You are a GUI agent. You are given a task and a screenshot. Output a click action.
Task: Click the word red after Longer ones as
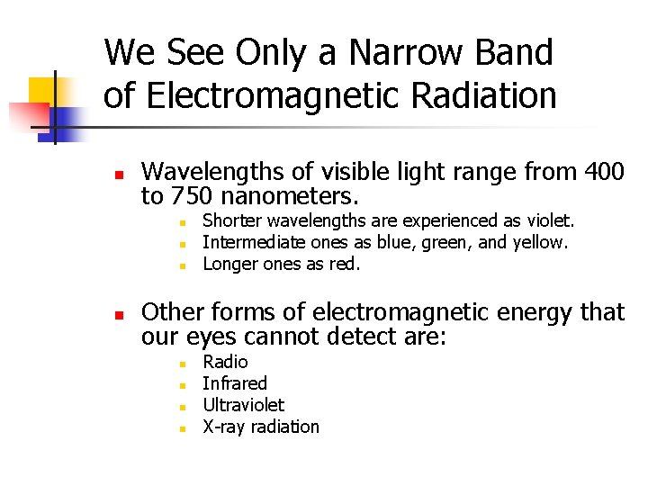(x=346, y=264)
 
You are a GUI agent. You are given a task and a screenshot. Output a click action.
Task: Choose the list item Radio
(x=225, y=362)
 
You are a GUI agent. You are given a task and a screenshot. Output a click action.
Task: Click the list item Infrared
(x=235, y=383)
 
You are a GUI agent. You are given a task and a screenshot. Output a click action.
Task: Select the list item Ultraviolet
(x=243, y=405)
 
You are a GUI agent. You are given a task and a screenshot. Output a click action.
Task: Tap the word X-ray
(x=223, y=427)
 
